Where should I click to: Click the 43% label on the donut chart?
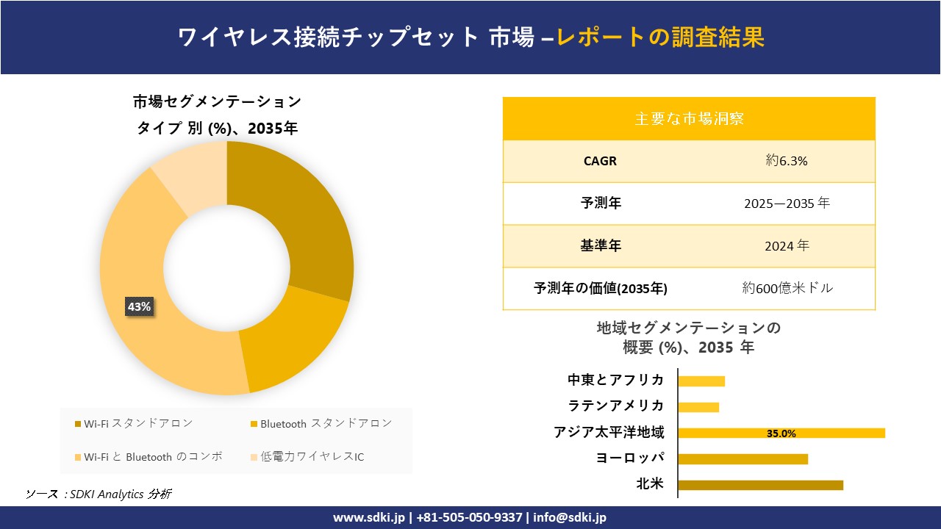coord(139,307)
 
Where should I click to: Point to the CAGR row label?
coord(600,161)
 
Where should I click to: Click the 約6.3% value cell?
coord(787,161)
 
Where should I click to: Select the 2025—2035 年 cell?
coord(787,204)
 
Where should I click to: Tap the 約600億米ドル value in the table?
coord(787,289)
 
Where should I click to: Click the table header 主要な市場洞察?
coord(689,118)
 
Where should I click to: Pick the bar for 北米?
coord(760,485)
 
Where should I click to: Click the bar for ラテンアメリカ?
coord(698,407)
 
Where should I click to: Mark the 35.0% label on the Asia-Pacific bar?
coord(781,433)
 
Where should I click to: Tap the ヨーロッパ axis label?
coord(630,458)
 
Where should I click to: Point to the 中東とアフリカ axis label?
coord(615,380)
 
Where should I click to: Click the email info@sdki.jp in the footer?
coord(570,517)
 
